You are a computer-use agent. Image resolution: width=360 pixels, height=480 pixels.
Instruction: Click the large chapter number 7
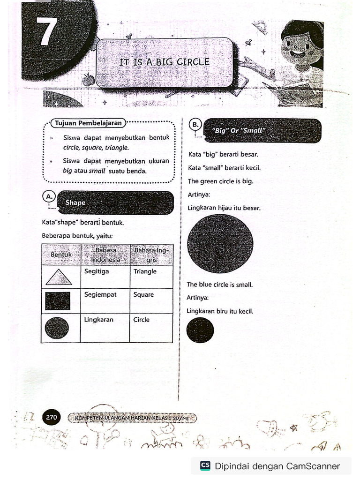pos(46,31)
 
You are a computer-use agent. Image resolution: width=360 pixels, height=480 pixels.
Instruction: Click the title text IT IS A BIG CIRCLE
pos(164,62)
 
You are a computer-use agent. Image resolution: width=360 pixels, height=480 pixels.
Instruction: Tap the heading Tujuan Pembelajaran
pos(89,123)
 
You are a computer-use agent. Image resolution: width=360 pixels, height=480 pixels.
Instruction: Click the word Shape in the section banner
pos(75,203)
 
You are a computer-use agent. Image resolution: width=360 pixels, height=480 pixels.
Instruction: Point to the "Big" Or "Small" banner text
pos(239,131)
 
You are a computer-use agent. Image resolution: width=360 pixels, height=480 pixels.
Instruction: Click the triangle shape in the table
pos(59,277)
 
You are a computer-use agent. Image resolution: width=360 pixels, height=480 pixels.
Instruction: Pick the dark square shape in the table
pos(58,301)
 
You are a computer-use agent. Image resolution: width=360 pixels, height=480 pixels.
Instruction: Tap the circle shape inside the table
pos(57,328)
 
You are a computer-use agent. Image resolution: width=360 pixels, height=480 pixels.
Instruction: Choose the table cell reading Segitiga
pos(97,271)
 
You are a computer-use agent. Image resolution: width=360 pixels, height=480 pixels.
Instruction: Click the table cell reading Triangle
pos(145,271)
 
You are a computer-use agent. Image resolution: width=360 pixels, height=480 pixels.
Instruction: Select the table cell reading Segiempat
pos(100,295)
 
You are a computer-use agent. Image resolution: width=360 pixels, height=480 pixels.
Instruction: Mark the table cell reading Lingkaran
pos(99,320)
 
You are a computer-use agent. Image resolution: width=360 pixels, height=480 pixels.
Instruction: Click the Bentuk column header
pos(61,255)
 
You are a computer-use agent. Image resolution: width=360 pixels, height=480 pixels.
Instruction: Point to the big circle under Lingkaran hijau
pos(220,244)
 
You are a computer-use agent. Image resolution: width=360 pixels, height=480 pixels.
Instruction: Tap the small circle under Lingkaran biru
pos(200,330)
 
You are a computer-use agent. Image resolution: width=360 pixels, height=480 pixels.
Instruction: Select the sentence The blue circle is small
pos(219,285)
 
